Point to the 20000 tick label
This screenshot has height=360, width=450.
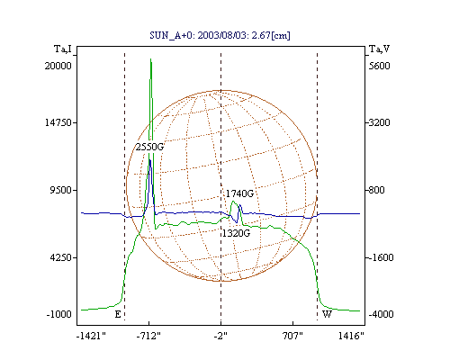point(58,66)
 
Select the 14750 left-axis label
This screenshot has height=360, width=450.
point(58,122)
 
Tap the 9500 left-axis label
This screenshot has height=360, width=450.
point(60,190)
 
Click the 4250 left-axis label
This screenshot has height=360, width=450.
point(60,257)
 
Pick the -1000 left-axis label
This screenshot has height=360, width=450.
point(59,314)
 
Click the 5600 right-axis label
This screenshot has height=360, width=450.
point(380,66)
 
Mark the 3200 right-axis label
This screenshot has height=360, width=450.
point(380,122)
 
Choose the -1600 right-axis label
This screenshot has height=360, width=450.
point(381,257)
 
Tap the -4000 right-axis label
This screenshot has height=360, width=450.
point(381,314)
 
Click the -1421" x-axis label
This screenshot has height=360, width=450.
point(91,336)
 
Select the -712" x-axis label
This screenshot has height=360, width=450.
point(148,336)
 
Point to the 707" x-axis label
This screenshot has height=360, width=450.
point(292,336)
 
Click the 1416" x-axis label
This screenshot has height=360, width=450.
point(351,336)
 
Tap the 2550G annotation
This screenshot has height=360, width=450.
point(149,147)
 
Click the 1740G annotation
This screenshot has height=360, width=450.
point(239,193)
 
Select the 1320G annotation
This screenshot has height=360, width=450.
point(236,233)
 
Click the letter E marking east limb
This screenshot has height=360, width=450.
point(118,314)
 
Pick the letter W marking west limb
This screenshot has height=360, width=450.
point(327,314)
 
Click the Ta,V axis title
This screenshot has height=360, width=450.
point(379,49)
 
